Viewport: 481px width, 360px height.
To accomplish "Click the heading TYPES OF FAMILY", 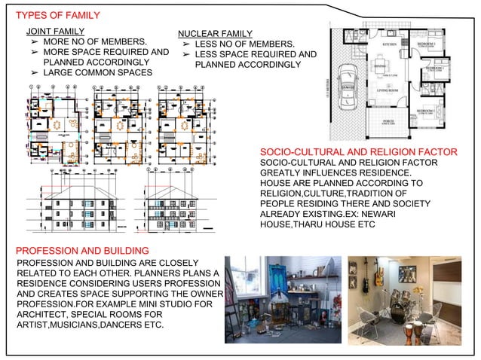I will pyautogui.click(x=57, y=15).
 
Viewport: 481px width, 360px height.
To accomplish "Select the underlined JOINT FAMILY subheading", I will pyautogui.click(x=55, y=31).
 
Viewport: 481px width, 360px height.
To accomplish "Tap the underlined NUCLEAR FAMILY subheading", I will pyautogui.click(x=214, y=34).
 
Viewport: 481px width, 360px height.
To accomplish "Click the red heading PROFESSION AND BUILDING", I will pyautogui.click(x=82, y=249).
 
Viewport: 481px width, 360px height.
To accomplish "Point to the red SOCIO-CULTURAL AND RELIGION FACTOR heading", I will pyautogui.click(x=357, y=154).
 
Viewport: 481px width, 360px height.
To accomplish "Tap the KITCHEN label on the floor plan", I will pyautogui.click(x=389, y=44).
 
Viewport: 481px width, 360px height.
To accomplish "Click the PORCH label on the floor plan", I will pyautogui.click(x=389, y=121).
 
